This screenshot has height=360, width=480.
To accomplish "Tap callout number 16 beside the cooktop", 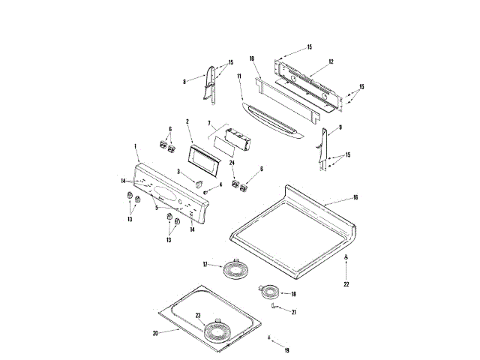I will pos(355,198).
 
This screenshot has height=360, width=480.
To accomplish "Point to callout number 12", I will pos(331,61).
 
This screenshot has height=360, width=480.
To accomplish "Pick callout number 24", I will pos(232,163).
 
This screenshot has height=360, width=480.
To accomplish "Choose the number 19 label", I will pos(285,350).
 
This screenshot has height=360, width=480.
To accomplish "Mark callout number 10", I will pos(253,58).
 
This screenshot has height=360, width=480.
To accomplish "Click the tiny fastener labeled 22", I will pos(346,258).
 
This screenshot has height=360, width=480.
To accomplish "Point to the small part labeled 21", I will pos(275,306).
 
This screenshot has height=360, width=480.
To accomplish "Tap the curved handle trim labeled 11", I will pos(270,120).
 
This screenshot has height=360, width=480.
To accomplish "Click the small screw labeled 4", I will pos(206,192).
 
